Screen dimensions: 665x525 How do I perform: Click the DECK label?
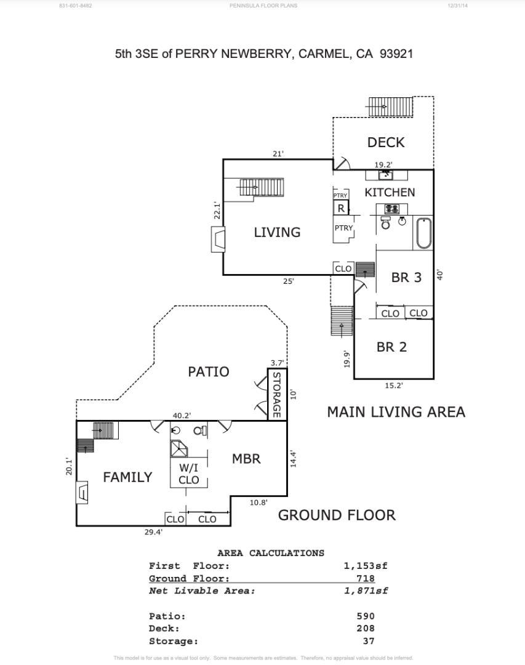386,142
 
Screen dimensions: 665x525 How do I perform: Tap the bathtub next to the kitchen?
423,233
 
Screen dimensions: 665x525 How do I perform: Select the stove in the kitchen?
391,209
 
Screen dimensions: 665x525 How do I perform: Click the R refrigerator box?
341,208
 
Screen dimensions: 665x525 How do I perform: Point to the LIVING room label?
277,232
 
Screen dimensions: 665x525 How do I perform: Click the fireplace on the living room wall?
217,240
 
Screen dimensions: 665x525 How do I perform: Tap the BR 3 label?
406,278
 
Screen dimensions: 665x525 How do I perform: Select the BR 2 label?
391,347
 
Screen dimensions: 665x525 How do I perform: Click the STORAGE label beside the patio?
276,395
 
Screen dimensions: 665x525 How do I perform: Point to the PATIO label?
208,372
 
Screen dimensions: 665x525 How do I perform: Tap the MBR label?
246,459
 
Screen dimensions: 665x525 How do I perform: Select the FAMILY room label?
127,477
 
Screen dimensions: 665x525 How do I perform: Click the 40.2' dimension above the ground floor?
181,416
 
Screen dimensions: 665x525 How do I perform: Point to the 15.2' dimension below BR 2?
394,385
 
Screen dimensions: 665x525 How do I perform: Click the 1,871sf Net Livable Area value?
366,591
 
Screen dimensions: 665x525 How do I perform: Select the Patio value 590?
366,616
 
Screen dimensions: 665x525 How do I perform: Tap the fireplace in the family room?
82,493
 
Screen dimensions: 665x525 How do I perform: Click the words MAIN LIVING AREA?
396,412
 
